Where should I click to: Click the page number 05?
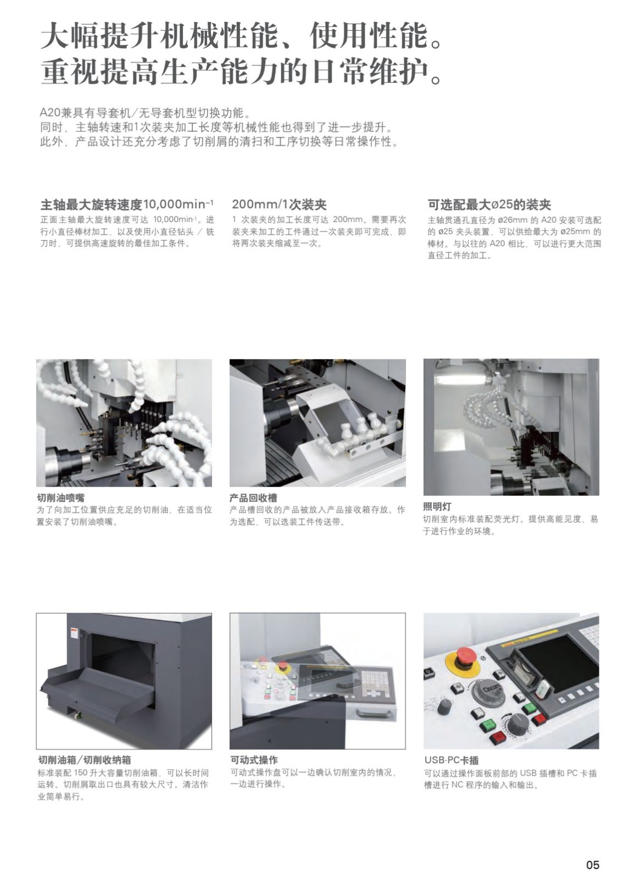593,849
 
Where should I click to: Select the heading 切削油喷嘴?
60,498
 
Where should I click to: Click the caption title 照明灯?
437,507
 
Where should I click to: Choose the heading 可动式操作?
254,760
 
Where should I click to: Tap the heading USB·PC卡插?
451,760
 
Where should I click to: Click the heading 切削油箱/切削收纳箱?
84,760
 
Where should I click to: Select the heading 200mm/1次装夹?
279,205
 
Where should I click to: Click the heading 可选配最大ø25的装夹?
489,205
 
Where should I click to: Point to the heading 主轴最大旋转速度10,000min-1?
127,205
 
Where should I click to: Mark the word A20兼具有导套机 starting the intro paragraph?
83,114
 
